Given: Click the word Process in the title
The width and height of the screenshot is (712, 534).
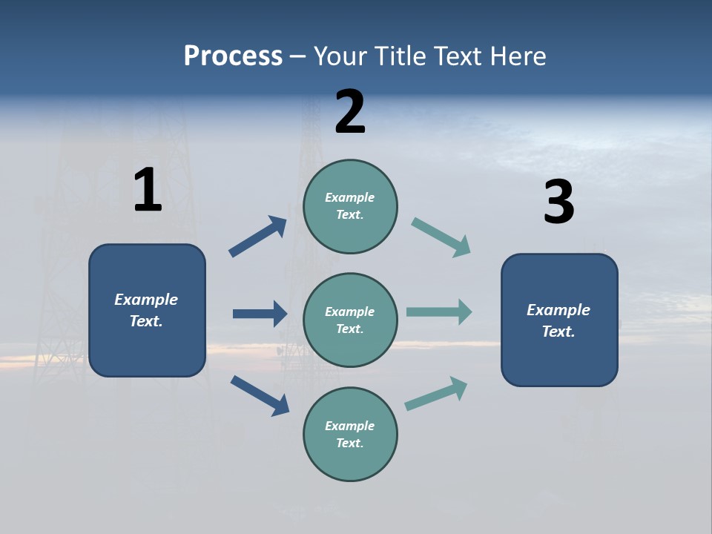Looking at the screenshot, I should pyautogui.click(x=233, y=56).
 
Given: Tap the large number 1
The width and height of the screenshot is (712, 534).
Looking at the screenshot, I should pyautogui.click(x=148, y=191).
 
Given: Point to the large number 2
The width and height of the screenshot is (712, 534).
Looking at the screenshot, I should pyautogui.click(x=350, y=112).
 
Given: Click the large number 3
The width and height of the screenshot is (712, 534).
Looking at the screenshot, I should pyautogui.click(x=558, y=202).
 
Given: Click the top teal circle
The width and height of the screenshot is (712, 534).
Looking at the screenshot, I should pyautogui.click(x=350, y=206).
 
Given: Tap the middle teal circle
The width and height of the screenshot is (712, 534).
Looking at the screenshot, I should pyautogui.click(x=350, y=320).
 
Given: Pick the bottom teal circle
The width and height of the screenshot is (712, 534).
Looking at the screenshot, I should pyautogui.click(x=350, y=434).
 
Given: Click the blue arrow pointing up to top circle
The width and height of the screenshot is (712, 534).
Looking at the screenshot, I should pyautogui.click(x=258, y=237).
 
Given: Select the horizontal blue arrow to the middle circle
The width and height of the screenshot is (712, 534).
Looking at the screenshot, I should pyautogui.click(x=260, y=314).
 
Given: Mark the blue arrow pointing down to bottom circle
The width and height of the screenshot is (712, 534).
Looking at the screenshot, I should pyautogui.click(x=260, y=395).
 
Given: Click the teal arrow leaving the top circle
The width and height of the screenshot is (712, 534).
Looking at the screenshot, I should pyautogui.click(x=441, y=237).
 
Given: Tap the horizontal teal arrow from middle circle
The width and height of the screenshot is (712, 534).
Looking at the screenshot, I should pyautogui.click(x=439, y=311).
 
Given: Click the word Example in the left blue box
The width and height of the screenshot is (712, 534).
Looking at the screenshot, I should pyautogui.click(x=146, y=300).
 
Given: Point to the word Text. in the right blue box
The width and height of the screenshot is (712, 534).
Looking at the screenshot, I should pyautogui.click(x=558, y=332).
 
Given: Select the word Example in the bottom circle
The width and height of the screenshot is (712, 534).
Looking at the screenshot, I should pyautogui.click(x=349, y=426).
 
